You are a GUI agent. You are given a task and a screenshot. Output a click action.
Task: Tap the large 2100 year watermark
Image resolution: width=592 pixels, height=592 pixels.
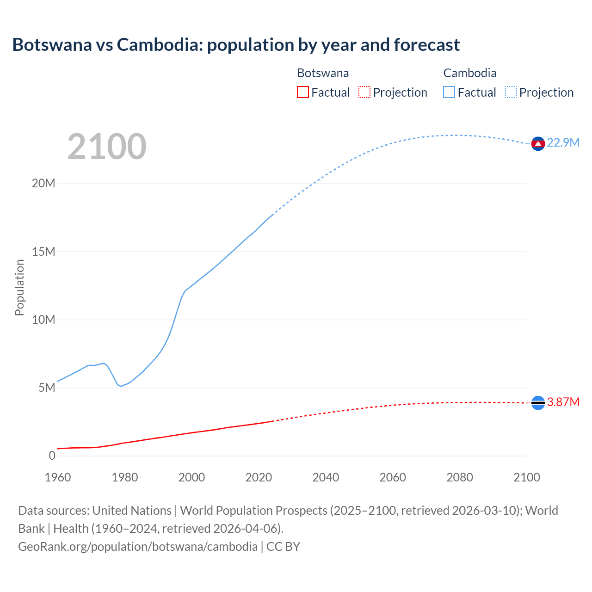point(107,147)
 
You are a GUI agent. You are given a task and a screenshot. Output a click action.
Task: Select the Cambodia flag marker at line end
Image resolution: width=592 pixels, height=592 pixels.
point(537,144)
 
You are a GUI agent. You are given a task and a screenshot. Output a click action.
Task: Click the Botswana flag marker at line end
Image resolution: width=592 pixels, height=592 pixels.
point(537,403)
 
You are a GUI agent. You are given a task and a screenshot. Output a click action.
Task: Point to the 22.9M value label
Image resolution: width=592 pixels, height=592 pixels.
point(563,142)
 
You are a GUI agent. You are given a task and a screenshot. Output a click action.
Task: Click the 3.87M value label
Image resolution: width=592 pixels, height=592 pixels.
point(563,402)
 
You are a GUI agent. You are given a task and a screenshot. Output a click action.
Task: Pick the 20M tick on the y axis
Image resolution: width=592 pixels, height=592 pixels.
point(43,184)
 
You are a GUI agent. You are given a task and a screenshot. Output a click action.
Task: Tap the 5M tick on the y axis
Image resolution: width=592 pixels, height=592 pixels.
point(46,388)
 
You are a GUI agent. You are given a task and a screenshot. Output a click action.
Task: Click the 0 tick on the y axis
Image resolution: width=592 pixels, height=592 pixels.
point(52,456)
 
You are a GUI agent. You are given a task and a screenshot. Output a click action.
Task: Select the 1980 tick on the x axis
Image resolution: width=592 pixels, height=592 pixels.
point(124,477)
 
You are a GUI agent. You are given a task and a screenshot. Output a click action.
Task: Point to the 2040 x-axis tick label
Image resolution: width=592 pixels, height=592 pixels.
point(326,477)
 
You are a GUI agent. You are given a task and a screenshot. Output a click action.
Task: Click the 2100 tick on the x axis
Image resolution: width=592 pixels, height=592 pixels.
point(526,477)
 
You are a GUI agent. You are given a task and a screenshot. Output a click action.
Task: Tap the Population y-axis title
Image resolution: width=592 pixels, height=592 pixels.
point(19,287)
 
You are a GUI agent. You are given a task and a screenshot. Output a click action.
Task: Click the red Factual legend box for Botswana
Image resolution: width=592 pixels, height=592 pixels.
point(302,92)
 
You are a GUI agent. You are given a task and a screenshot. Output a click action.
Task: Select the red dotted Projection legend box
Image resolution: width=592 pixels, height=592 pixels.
point(364,92)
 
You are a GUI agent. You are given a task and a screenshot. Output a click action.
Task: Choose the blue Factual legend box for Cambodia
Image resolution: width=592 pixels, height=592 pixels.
point(449,92)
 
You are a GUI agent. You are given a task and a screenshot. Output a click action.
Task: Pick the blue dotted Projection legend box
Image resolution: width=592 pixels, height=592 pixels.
point(511,92)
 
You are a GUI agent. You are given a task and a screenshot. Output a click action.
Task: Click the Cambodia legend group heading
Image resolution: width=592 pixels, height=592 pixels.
point(469,73)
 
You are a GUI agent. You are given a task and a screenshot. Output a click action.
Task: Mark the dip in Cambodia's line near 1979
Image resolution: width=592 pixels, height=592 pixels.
point(121,386)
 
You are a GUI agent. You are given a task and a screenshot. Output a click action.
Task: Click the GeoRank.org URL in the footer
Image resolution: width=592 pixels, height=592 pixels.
point(138,546)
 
